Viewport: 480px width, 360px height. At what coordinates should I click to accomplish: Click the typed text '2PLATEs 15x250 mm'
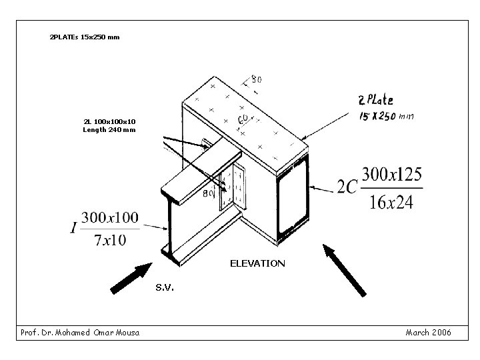pos(85,37)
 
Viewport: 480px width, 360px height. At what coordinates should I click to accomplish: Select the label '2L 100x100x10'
pos(109,122)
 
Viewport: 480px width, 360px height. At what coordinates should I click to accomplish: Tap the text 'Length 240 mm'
pos(109,130)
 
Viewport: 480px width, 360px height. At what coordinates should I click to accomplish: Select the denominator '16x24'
pos(391,202)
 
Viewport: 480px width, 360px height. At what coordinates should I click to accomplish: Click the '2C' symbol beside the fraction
pos(347,188)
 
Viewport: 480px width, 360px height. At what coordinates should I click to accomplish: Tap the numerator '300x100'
pos(110,217)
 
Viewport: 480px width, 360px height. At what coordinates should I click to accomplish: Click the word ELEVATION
pos(257,263)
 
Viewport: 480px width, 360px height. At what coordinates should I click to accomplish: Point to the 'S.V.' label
pos(165,288)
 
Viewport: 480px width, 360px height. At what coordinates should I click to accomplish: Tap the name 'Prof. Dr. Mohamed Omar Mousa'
pos(80,332)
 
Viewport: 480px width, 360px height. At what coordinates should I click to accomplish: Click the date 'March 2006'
pos(428,332)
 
